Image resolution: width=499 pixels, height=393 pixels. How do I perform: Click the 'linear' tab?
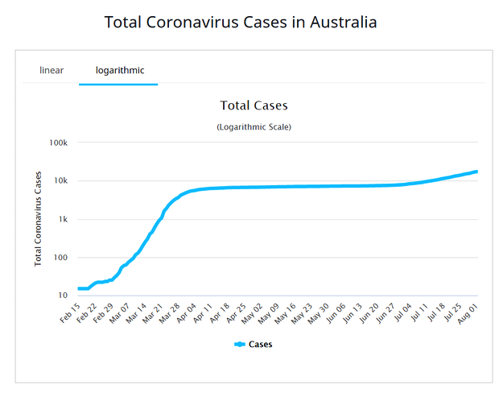pos(52,70)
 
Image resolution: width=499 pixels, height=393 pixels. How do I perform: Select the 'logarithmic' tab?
pos(120,70)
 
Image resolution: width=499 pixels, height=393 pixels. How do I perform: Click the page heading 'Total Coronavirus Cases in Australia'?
pos(241,22)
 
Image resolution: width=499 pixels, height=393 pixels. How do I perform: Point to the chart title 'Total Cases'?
pos(254,105)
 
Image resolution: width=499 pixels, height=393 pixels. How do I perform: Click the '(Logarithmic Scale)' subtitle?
pos(254,127)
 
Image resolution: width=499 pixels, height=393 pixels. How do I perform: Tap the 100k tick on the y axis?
pos(59,143)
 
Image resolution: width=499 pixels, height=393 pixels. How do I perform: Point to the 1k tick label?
pos(63,219)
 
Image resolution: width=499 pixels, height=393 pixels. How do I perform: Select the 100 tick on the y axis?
pos(61,258)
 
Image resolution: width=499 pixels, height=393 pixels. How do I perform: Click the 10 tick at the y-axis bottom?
pos(63,296)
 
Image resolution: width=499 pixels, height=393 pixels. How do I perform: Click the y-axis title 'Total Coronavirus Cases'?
pos(38,219)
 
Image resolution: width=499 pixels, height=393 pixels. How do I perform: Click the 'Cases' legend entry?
pos(254,344)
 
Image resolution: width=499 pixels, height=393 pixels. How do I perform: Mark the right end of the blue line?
pos(477,171)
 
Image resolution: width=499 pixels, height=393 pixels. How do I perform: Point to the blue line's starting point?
pos(79,288)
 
